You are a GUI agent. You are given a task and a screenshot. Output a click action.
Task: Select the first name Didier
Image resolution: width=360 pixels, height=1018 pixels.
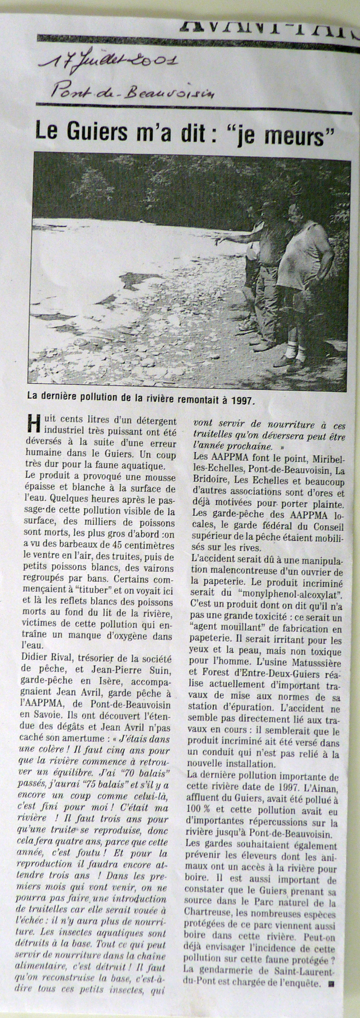point(38,659)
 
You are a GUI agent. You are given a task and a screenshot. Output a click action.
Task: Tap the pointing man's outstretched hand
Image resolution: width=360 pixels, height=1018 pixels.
point(219,242)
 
